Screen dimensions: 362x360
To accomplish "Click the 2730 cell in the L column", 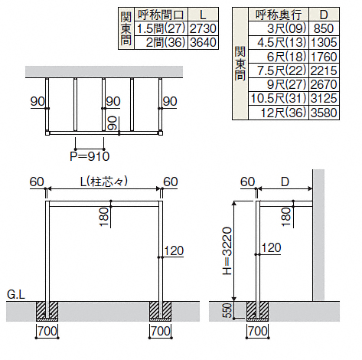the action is (x=203, y=28).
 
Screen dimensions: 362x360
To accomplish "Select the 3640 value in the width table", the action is (x=203, y=42).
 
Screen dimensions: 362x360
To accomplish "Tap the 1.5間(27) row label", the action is (x=161, y=28).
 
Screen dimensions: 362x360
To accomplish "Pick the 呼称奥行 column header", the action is (x=279, y=15).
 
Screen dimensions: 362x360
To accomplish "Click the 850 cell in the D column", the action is (x=324, y=28).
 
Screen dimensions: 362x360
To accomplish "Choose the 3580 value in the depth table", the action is (x=324, y=113).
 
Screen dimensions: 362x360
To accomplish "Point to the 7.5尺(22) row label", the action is (x=282, y=70).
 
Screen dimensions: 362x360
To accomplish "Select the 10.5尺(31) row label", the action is (x=279, y=99).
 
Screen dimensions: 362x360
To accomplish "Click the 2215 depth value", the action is (x=324, y=70).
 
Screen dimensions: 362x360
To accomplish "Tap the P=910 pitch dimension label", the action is (x=90, y=156).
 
